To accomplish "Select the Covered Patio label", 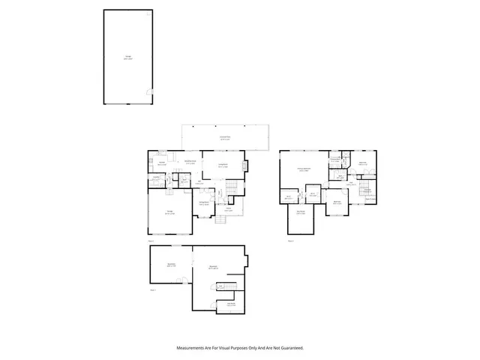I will click(x=224, y=138).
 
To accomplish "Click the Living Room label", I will click(x=223, y=166).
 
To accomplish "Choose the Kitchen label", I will click(x=161, y=162).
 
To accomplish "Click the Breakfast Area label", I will click(x=190, y=162).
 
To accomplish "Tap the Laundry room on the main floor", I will click(x=157, y=177).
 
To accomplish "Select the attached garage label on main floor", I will click(x=169, y=213).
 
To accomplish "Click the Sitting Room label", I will click(x=203, y=203).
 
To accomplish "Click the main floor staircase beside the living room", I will click(x=232, y=187).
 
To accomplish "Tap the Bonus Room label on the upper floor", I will click(x=301, y=213).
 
